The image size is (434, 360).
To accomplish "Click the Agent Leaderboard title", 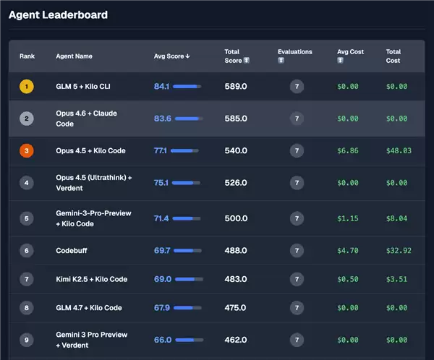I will coord(58,14).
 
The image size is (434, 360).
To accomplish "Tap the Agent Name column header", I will coord(74,56).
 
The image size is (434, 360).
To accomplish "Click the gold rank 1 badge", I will coord(27,87).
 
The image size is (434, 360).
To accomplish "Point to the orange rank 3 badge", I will coord(27,151).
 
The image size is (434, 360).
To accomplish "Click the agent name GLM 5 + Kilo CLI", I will coord(83,87).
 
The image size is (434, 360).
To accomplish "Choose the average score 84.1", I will coord(161,87).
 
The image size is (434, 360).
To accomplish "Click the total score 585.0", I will coord(236,119).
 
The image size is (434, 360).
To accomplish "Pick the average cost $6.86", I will coord(349,151).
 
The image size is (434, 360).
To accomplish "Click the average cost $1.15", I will coord(349,218).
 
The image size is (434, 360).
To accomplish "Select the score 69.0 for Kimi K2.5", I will coord(163,279).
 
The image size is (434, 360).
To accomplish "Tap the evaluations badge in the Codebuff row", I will coord(296,251).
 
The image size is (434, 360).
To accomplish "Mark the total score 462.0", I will coord(236,340).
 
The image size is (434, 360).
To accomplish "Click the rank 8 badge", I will coord(27,308).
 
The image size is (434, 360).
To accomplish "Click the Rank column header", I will coord(27,56).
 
